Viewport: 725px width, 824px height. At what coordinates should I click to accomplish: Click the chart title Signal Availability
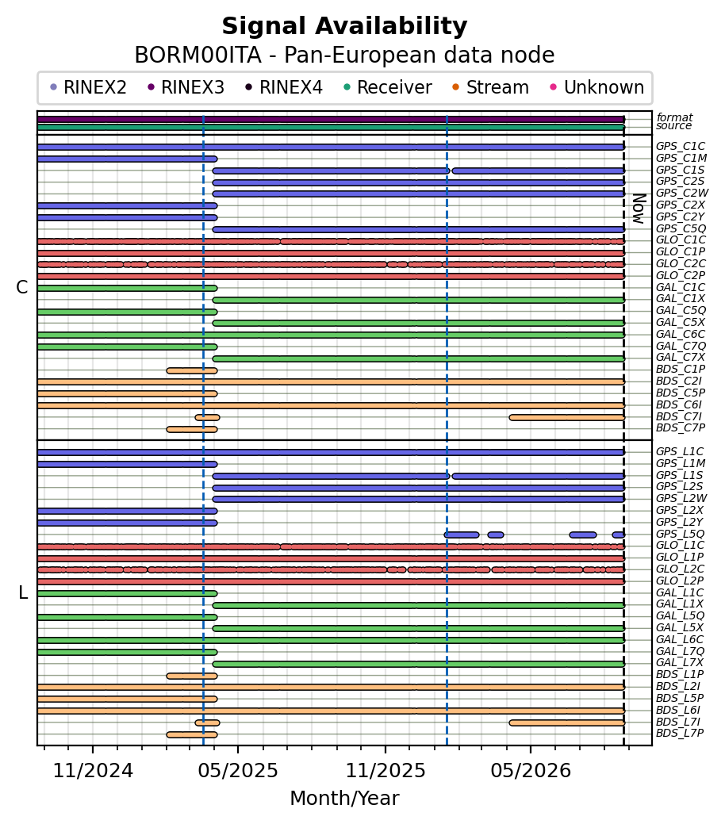pyautogui.click(x=344, y=26)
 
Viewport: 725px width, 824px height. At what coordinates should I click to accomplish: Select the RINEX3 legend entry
pyautogui.click(x=186, y=87)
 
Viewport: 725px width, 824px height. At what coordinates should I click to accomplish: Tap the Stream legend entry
pyautogui.click(x=491, y=87)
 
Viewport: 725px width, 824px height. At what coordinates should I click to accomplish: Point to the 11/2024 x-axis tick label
pyautogui.click(x=93, y=771)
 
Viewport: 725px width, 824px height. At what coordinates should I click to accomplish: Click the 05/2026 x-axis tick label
pyautogui.click(x=531, y=771)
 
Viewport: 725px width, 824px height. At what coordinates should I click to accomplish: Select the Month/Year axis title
pyautogui.click(x=344, y=799)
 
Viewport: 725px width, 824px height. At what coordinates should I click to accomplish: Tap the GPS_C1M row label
pyautogui.click(x=681, y=158)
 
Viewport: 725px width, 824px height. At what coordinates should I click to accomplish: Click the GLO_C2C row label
pyautogui.click(x=681, y=264)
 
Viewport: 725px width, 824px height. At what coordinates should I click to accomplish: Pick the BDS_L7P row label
pyautogui.click(x=680, y=733)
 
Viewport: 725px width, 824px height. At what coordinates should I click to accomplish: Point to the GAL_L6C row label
pyautogui.click(x=680, y=639)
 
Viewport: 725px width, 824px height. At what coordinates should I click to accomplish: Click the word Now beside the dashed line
pyautogui.click(x=639, y=209)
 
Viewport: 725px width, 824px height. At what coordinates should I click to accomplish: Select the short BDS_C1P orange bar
pyautogui.click(x=192, y=370)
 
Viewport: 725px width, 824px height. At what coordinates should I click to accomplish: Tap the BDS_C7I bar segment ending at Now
pyautogui.click(x=567, y=417)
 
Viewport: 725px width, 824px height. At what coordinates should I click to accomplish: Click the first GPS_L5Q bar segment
pyautogui.click(x=462, y=535)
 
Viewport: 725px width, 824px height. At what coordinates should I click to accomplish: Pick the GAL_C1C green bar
pyautogui.click(x=127, y=288)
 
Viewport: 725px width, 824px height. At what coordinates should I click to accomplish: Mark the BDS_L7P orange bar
pyautogui.click(x=192, y=734)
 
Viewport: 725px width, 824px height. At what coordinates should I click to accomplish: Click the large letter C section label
pyautogui.click(x=22, y=287)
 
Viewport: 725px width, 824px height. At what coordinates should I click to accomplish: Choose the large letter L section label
pyautogui.click(x=23, y=592)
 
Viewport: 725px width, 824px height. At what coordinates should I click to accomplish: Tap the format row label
pyautogui.click(x=674, y=117)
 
